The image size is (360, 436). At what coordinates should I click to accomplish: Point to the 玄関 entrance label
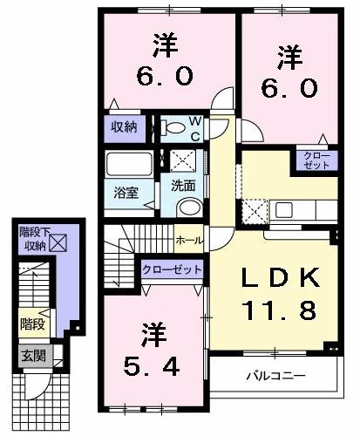34,355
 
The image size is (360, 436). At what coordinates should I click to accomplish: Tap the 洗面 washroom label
182,185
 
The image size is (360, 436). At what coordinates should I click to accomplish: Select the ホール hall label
189,240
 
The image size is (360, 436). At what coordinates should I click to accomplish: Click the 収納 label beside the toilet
123,126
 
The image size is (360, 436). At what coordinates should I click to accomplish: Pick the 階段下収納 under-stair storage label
34,239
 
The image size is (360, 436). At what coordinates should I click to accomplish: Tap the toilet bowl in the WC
174,129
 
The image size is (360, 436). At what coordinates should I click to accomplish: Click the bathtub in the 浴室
127,165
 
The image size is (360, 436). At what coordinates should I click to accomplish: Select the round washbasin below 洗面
186,207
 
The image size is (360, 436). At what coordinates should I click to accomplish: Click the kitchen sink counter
300,209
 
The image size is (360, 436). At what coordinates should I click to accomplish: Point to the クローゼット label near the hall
173,269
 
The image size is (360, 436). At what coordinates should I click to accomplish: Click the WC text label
195,128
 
